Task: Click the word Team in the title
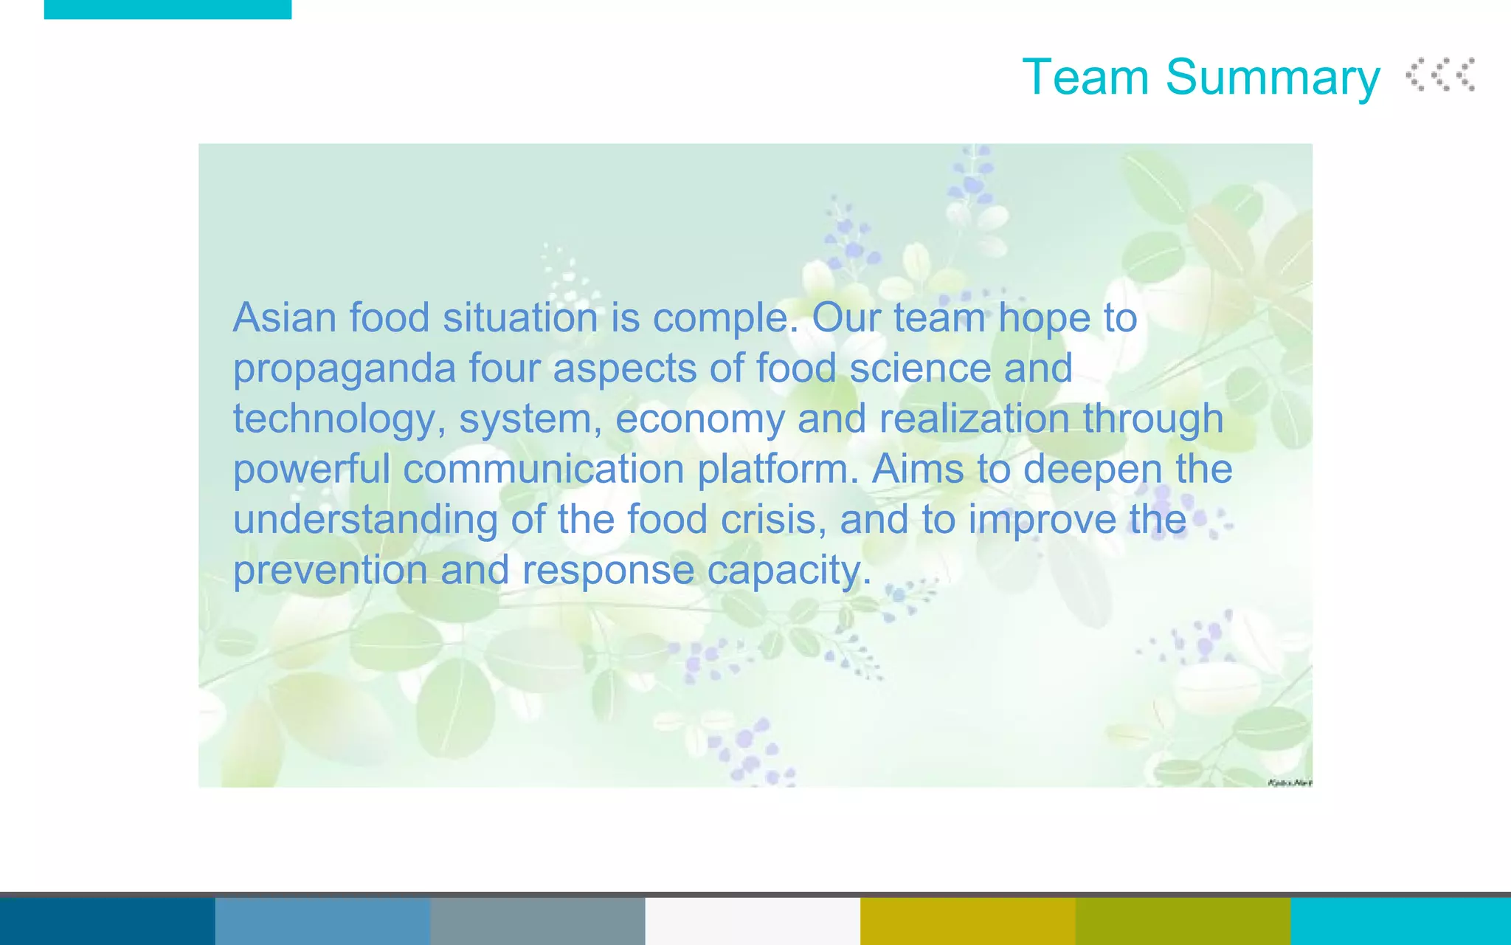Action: tap(1085, 77)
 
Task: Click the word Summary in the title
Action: tap(1273, 78)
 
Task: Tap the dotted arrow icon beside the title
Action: tap(1440, 75)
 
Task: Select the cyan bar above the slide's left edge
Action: tap(167, 9)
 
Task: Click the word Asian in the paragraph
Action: tap(285, 317)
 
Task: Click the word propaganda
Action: tap(345, 369)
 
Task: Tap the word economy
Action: tap(699, 419)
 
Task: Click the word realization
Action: tap(974, 418)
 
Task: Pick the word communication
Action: tap(544, 469)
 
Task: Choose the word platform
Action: tap(778, 469)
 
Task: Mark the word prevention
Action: tap(330, 570)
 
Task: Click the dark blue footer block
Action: tap(107, 921)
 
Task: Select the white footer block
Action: tap(753, 921)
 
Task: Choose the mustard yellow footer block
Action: tap(967, 921)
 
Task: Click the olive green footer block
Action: tap(1183, 921)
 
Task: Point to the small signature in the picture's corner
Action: tap(1289, 782)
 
